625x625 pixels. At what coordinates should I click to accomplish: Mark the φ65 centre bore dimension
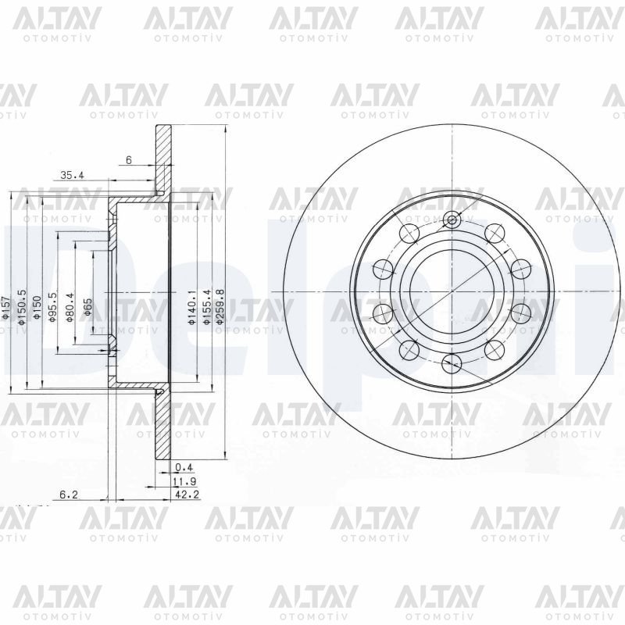coord(88,305)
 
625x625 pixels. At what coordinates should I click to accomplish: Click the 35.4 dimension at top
coord(72,176)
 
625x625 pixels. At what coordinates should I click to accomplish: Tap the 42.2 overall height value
coord(183,495)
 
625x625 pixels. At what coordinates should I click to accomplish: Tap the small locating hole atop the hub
coord(451,220)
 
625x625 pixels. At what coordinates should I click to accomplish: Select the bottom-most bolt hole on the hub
coord(451,361)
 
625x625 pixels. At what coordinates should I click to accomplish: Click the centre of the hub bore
coord(451,291)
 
